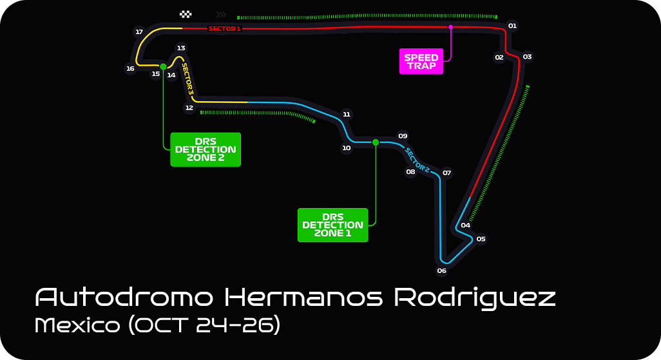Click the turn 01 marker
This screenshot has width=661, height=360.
point(513,26)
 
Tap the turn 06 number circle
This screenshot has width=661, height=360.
point(441,270)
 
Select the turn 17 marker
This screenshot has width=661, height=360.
point(139,32)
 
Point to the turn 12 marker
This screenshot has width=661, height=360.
point(189,108)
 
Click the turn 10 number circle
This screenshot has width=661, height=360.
point(347,148)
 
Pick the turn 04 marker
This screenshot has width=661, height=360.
point(465,225)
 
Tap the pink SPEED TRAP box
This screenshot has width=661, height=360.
point(421,61)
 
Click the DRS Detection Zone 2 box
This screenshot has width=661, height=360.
point(206,149)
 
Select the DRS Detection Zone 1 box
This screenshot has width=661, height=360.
point(332,225)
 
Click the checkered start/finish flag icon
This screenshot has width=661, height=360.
point(186,14)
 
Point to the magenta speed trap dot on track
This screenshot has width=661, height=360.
point(451,27)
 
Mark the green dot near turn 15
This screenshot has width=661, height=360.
point(163,66)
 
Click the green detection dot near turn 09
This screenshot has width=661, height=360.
point(376,142)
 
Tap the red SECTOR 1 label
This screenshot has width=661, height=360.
point(224,28)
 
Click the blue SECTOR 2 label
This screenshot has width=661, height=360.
point(417,160)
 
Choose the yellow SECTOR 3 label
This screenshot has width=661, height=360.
point(187,79)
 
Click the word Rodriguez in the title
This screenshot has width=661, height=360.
point(475,298)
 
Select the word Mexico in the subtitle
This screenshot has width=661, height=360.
point(77,325)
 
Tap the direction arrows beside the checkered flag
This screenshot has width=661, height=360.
point(222,14)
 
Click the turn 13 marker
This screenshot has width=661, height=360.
point(181,48)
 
